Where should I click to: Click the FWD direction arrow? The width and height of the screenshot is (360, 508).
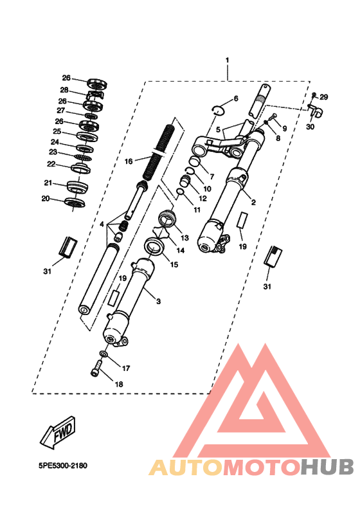[58, 433]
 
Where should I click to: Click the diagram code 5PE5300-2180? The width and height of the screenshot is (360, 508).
[63, 466]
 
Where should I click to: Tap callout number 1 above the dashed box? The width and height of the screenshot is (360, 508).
[227, 60]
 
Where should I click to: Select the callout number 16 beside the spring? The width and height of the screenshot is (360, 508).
[129, 161]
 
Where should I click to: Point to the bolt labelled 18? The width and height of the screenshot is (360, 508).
[96, 368]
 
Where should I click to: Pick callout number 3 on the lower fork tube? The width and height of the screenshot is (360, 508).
[158, 302]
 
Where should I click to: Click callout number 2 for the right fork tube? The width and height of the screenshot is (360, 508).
[253, 202]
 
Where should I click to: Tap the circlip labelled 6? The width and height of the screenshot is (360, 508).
[219, 110]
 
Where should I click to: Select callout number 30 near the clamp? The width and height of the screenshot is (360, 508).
[310, 127]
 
